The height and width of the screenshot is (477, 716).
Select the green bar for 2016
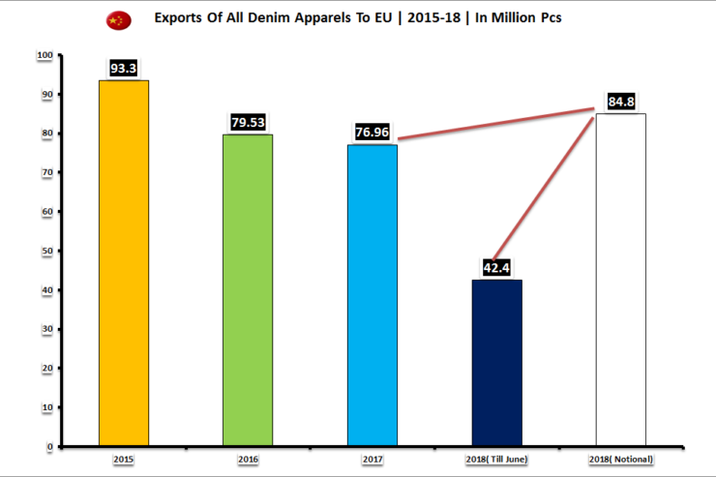coord(248,290)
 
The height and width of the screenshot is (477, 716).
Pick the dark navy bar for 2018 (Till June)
coord(496,363)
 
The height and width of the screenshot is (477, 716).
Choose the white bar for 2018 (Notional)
coord(620,281)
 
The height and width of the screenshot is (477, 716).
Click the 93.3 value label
coord(124,69)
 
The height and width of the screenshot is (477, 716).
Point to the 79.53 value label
coord(248,122)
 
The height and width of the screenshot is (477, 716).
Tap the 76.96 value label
coord(373,132)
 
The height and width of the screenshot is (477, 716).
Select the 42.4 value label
coord(496,267)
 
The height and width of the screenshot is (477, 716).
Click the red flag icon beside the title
coord(117,19)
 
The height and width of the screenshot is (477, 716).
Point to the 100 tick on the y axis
coord(45,55)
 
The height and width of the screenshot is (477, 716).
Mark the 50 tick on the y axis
coord(47,251)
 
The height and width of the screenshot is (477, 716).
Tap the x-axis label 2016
coord(248,458)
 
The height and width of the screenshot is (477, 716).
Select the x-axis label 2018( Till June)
coord(496,458)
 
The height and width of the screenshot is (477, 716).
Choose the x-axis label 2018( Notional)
coord(620,458)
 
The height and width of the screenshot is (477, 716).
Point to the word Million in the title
coord(504,18)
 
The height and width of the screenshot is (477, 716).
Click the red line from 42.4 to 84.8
coord(547,184)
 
